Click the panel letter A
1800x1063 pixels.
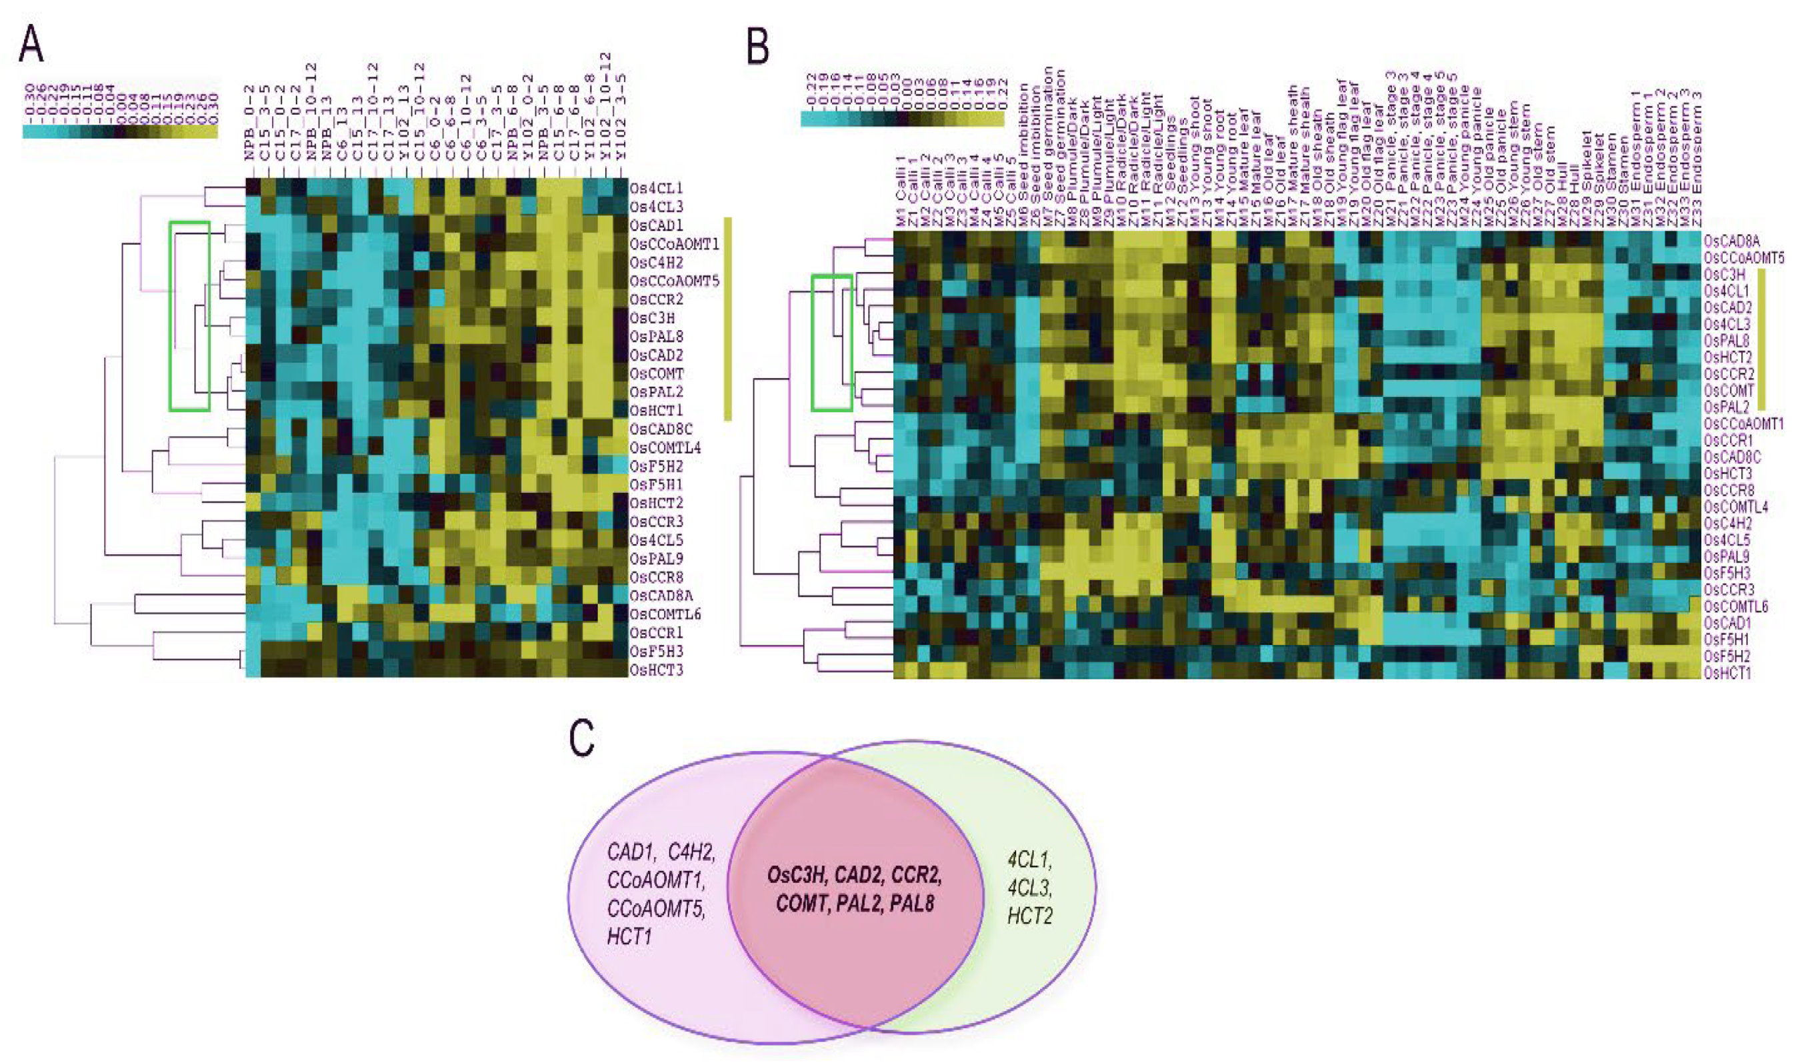[31, 45]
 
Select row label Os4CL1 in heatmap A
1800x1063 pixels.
[655, 188]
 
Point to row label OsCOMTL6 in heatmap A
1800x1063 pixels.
[665, 615]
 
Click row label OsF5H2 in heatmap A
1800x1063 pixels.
[655, 466]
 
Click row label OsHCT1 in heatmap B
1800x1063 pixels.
[1728, 672]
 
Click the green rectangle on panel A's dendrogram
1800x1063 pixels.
[189, 223]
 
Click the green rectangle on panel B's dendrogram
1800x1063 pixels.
[831, 277]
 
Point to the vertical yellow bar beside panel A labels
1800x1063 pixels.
[727, 318]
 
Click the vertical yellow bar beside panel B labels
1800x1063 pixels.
[1762, 339]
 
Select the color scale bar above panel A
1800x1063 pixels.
[119, 131]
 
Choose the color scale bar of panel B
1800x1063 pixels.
[901, 119]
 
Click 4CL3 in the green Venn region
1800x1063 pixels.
[1029, 889]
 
